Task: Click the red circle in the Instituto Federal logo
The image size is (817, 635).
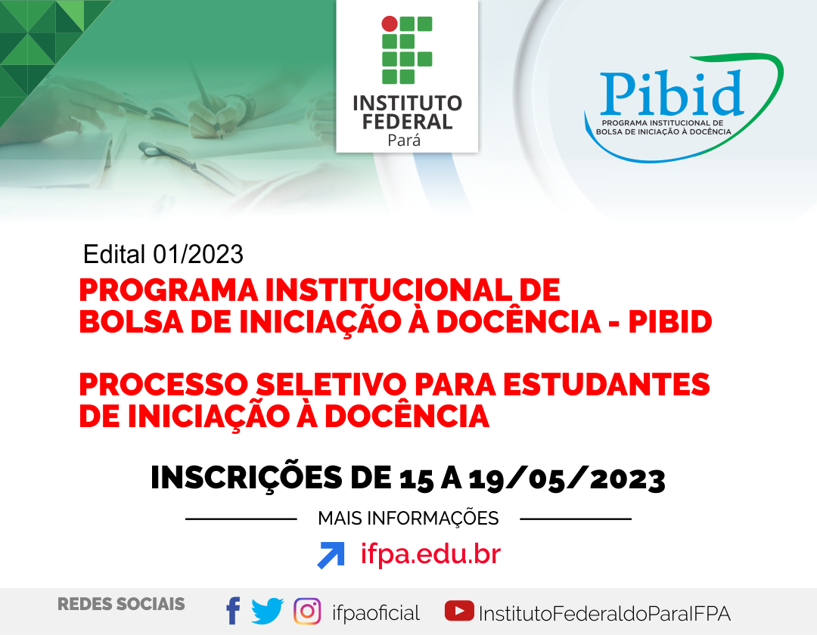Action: [x=390, y=24]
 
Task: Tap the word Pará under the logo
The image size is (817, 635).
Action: [x=404, y=141]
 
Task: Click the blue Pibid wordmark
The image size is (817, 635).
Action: [x=671, y=93]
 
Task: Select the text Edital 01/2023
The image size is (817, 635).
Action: [x=163, y=255]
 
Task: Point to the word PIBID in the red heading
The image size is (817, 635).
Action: [x=670, y=322]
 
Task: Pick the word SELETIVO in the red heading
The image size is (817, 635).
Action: [x=331, y=385]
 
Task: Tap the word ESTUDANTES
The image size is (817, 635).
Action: [x=606, y=385]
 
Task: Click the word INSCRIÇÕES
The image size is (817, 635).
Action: [x=246, y=478]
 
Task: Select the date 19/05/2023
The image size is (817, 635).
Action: [x=567, y=479]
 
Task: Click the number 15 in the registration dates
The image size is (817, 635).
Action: [x=416, y=479]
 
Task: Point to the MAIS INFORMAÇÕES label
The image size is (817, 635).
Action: [x=408, y=519]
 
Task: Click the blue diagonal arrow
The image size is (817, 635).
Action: [x=331, y=555]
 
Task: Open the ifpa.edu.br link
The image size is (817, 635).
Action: [x=431, y=554]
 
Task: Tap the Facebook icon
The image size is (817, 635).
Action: [x=233, y=611]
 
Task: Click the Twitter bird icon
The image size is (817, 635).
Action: [x=267, y=611]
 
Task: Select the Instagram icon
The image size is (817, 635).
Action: [x=307, y=611]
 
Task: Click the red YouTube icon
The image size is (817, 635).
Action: [x=459, y=611]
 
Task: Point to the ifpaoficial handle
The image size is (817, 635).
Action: [x=376, y=613]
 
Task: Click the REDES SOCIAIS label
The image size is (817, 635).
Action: [x=121, y=604]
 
